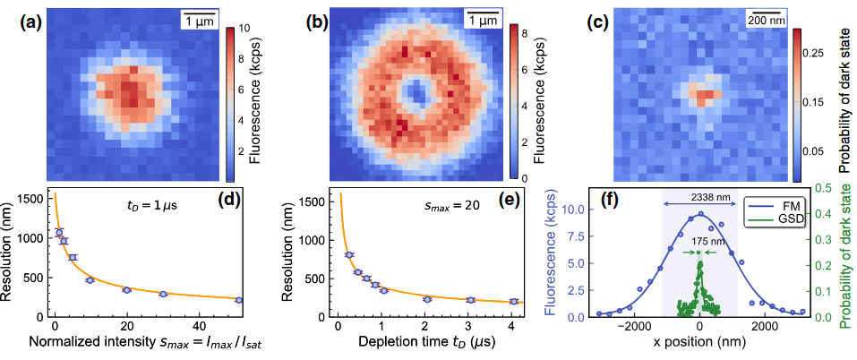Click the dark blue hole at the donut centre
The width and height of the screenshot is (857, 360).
pyautogui.click(x=417, y=91)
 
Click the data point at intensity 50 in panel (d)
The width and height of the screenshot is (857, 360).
pyautogui.click(x=239, y=300)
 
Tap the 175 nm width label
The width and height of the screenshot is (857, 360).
pyautogui.click(x=699, y=239)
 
